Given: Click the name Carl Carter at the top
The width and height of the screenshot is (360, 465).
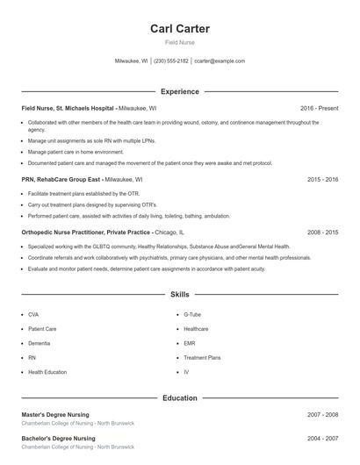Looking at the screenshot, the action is (180, 29).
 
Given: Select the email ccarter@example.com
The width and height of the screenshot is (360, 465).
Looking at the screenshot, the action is (220, 61).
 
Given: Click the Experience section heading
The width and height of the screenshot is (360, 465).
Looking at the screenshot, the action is (180, 91).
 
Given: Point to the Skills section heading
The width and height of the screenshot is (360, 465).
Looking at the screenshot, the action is (180, 295).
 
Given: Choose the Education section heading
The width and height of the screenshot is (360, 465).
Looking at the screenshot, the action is (180, 397).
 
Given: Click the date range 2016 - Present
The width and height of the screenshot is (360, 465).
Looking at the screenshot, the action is (319, 108).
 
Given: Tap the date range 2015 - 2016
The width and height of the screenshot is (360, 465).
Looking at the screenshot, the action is (323, 179).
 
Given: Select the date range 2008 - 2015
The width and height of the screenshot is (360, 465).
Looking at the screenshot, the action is (323, 232).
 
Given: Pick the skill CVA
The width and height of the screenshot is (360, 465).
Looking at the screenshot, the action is (33, 313).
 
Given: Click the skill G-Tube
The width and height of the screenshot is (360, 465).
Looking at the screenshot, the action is (192, 313).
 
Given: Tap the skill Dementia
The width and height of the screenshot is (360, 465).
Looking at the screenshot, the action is (39, 343).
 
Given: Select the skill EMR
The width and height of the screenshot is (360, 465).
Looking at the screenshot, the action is (190, 343).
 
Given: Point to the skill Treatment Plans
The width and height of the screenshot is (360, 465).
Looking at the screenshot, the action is (202, 358).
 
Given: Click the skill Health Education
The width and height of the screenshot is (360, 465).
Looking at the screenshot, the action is (47, 372).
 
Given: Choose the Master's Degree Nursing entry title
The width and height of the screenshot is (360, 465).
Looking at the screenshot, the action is (57, 414).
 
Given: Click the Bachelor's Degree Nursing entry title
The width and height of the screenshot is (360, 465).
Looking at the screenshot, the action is (58, 438).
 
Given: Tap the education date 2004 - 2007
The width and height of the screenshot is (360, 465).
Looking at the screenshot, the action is (323, 438).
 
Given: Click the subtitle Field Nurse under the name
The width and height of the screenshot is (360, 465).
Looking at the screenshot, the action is (180, 42).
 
